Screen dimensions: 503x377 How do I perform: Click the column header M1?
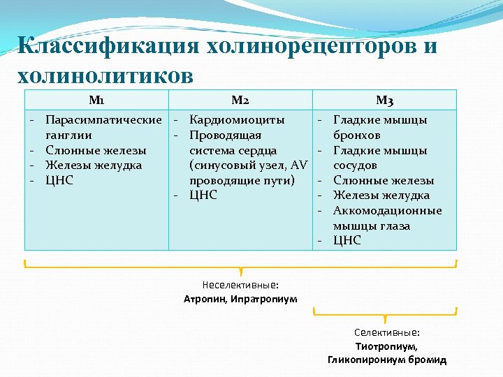[96, 100]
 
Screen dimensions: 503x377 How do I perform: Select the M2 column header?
[240, 100]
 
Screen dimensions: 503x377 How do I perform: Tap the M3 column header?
[384, 101]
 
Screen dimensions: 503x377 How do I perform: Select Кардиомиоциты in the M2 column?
[237, 119]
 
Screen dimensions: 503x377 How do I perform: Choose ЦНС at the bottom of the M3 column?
[347, 240]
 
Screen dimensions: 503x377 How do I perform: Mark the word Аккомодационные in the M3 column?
[388, 210]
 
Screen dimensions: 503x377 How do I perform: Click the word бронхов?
[357, 135]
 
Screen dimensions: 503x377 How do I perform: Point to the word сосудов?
[356, 165]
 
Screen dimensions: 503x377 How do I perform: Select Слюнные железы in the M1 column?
[96, 150]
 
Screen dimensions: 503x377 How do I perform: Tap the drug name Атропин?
[206, 299]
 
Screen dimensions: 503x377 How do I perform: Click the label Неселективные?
[240, 285]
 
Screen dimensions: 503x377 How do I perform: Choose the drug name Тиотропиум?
[386, 346]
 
